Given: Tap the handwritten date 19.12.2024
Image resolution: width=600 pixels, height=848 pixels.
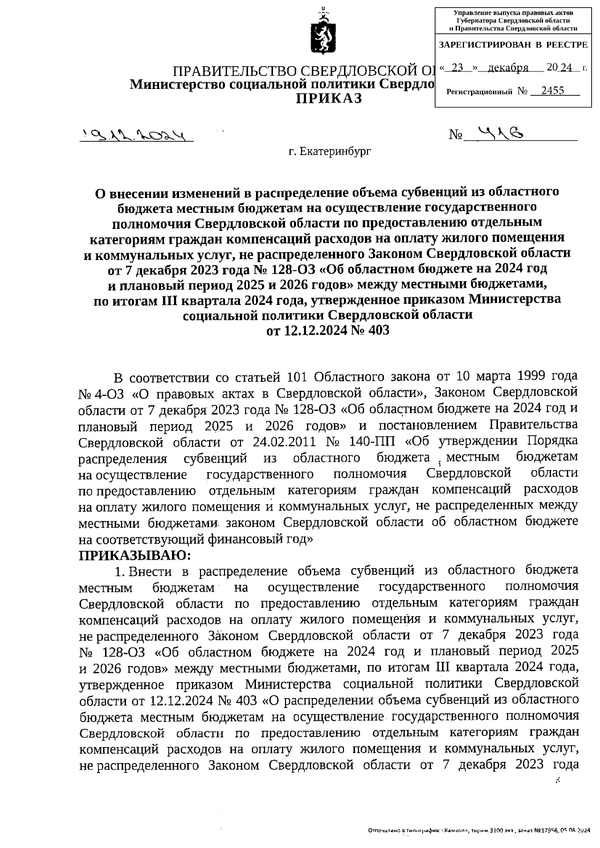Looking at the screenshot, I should pyautogui.click(x=136, y=135).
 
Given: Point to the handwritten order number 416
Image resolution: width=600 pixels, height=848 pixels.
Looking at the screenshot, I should pyautogui.click(x=499, y=133).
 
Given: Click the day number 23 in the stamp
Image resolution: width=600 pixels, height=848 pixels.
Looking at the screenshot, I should pyautogui.click(x=457, y=67).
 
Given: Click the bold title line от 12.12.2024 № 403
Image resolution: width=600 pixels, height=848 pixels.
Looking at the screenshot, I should pyautogui.click(x=327, y=331).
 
